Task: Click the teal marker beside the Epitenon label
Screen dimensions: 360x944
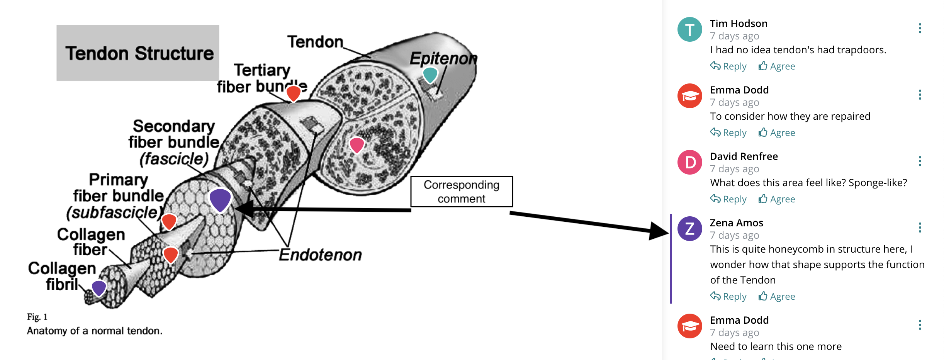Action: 430,75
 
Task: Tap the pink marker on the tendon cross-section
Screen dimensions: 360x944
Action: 357,145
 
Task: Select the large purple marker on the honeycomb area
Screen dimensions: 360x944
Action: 220,199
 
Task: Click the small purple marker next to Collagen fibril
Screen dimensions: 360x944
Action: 99,288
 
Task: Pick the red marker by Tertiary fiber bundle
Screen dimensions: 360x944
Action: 293,93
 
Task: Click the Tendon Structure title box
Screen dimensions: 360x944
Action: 138,53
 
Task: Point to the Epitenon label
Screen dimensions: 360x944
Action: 443,58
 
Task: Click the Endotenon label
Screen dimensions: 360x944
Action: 320,255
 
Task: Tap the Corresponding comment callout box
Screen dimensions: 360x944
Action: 461,192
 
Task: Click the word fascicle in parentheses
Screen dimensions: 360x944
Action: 174,159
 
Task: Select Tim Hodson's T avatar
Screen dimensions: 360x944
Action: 689,29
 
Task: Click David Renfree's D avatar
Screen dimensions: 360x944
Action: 689,162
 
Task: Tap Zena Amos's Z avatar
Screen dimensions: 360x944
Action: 689,229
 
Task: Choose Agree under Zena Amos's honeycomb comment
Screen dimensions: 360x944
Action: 777,297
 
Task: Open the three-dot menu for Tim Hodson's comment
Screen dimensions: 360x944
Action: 920,28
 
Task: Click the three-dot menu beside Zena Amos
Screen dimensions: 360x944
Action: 920,228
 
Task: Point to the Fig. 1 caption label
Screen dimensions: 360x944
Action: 37,317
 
